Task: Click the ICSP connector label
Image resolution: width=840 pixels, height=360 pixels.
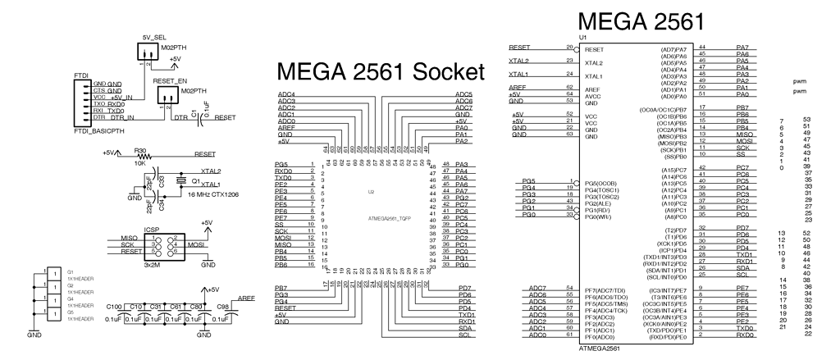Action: (x=151, y=230)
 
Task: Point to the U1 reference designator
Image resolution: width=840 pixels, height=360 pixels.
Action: (x=583, y=39)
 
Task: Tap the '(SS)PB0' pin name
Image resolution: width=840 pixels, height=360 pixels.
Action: (x=674, y=156)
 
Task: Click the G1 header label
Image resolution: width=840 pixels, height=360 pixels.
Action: (x=70, y=271)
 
